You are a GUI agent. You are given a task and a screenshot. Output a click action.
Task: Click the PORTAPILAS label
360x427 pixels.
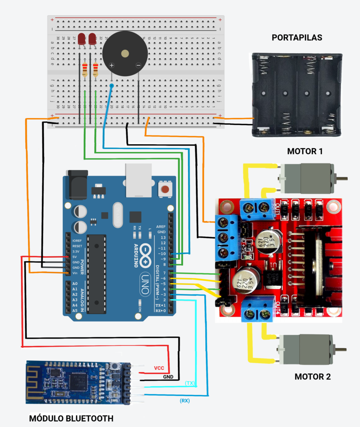[x=297, y=37]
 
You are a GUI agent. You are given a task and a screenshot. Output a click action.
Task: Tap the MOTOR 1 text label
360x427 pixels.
[x=305, y=151]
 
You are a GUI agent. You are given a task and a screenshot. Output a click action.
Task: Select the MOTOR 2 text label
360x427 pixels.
[x=312, y=376]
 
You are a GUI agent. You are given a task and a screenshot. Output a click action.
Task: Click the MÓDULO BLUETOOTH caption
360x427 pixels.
[x=71, y=418]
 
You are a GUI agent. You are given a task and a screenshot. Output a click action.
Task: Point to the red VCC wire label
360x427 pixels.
[x=159, y=368]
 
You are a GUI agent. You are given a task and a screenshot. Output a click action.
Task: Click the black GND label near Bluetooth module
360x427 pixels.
[x=168, y=377]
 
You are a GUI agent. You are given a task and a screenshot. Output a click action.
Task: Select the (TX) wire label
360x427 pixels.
[x=189, y=383]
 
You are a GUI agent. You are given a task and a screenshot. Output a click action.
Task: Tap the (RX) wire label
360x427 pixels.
[x=185, y=401]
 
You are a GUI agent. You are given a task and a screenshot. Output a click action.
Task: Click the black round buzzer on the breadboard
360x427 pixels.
[x=124, y=54]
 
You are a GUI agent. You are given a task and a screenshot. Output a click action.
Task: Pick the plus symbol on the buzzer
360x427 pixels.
[x=111, y=65]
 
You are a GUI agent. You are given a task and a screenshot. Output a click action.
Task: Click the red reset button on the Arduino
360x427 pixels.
[x=165, y=189]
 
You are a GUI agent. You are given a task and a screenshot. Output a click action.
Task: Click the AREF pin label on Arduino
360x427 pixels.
[x=161, y=227]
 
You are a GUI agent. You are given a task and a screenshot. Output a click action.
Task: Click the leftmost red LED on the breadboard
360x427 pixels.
[x=82, y=39]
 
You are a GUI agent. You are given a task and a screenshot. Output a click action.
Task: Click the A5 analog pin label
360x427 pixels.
[x=75, y=310]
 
